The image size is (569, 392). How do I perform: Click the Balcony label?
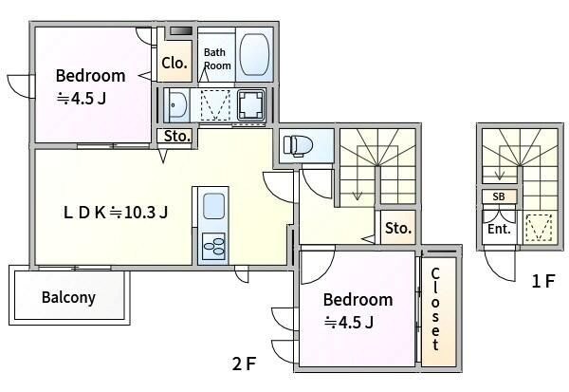tap(68, 297)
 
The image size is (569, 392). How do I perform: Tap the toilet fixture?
tap(298, 145)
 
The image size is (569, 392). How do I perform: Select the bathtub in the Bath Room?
tap(254, 55)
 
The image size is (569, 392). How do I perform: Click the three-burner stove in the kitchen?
tap(213, 247)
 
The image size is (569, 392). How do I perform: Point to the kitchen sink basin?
tap(213, 206)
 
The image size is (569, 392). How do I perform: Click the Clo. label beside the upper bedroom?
tap(174, 64)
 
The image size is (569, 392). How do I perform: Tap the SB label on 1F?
tap(499, 196)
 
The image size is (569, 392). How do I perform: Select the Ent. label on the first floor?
tap(500, 229)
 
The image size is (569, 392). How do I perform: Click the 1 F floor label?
tap(542, 281)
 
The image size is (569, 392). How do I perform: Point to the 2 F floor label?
tap(245, 364)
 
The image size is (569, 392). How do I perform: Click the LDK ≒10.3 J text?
tap(116, 213)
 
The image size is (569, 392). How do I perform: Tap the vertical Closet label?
tap(435, 309)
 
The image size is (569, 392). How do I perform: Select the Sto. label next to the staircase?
tap(398, 228)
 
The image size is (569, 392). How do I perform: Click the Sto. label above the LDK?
tap(177, 137)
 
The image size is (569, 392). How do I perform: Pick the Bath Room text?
tap(217, 59)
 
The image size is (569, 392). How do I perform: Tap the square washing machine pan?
tap(250, 104)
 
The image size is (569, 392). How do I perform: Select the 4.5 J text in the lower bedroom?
tap(349, 322)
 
